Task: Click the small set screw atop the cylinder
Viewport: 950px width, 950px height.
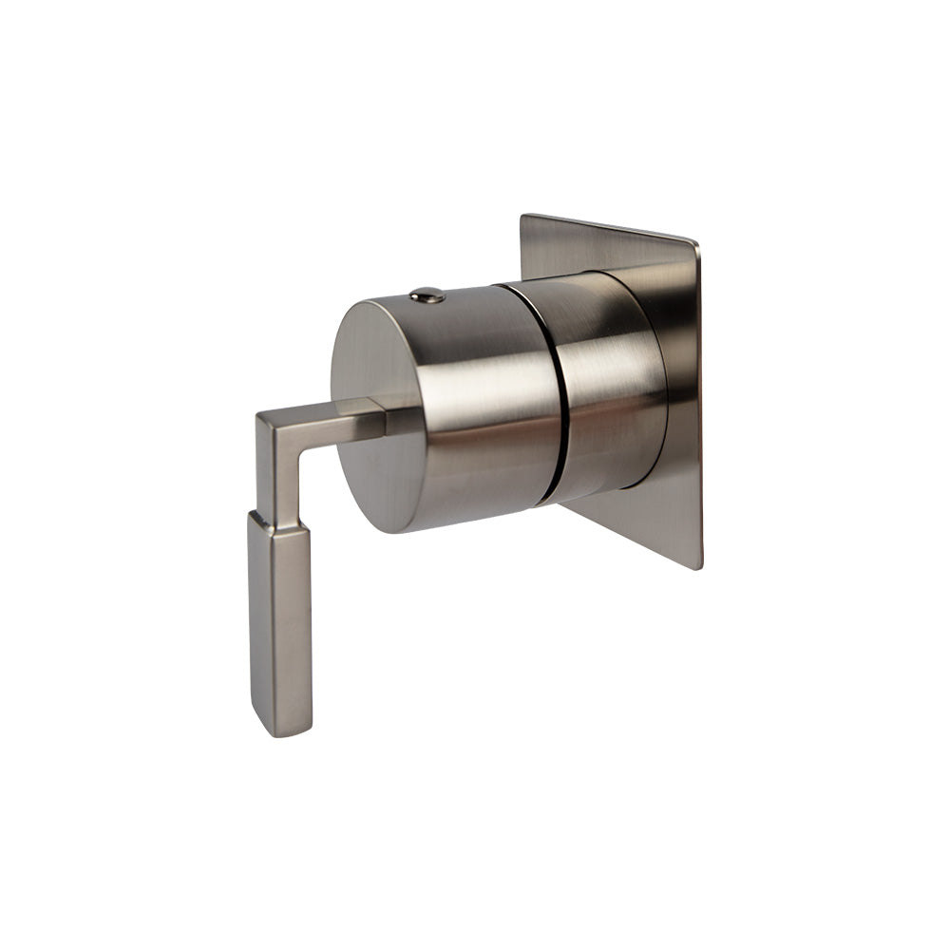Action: [x=427, y=295]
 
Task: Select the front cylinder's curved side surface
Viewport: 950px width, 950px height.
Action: [x=475, y=399]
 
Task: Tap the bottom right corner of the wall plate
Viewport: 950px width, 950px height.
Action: [x=700, y=567]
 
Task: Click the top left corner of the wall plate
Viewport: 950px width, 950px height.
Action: [x=523, y=217]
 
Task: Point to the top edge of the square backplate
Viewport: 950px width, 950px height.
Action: [x=608, y=229]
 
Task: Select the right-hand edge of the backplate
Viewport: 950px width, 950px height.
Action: [x=700, y=408]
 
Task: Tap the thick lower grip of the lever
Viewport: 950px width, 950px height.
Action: [x=279, y=627]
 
